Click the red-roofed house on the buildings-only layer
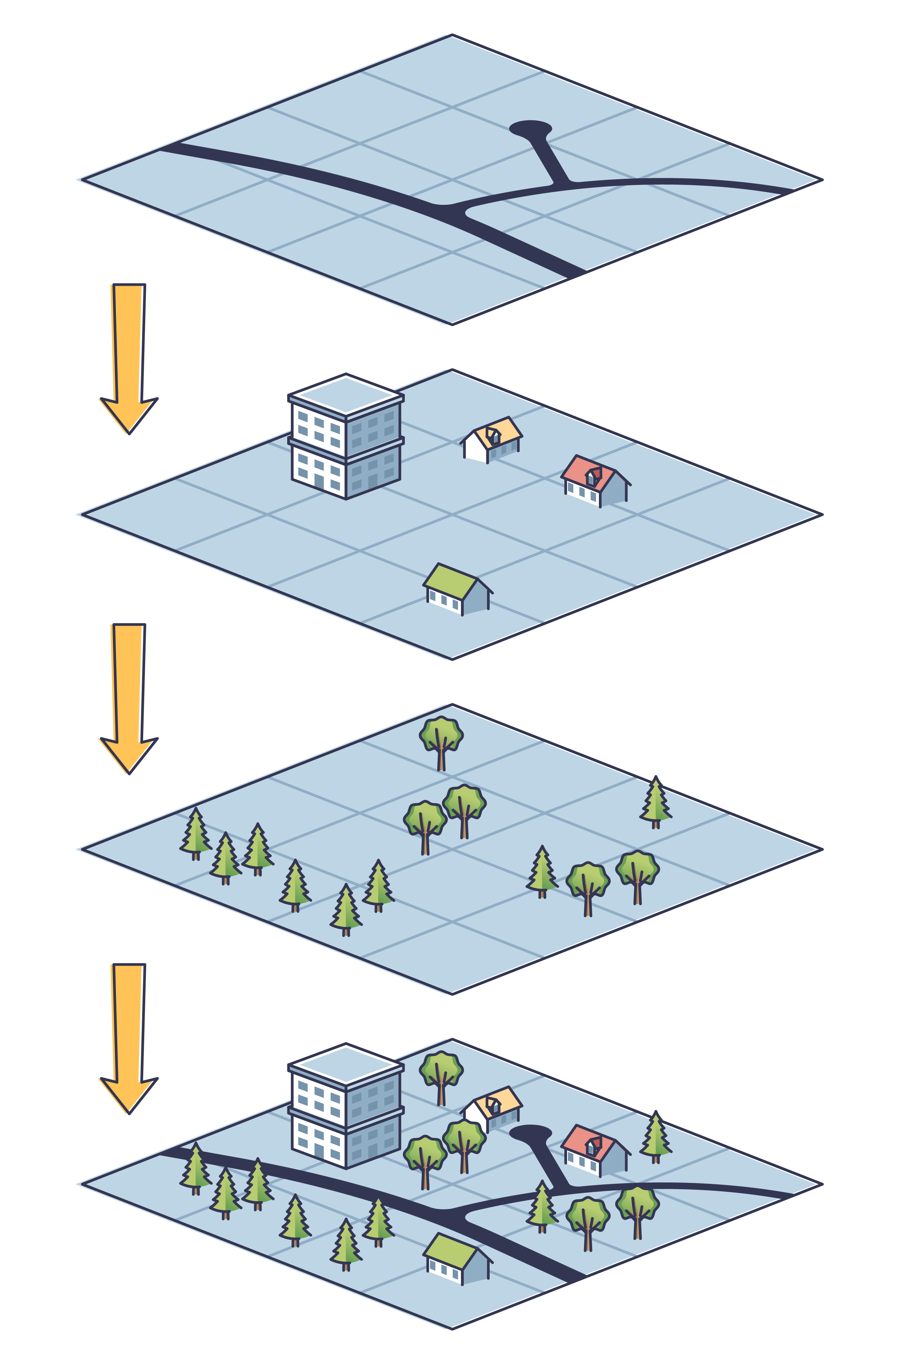pyautogui.click(x=596, y=481)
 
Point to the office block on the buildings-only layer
pyautogui.click(x=346, y=438)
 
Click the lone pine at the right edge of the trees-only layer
pyautogui.click(x=656, y=802)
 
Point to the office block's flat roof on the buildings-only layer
pyautogui.click(x=346, y=394)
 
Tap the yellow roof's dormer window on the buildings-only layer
pyautogui.click(x=493, y=436)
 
